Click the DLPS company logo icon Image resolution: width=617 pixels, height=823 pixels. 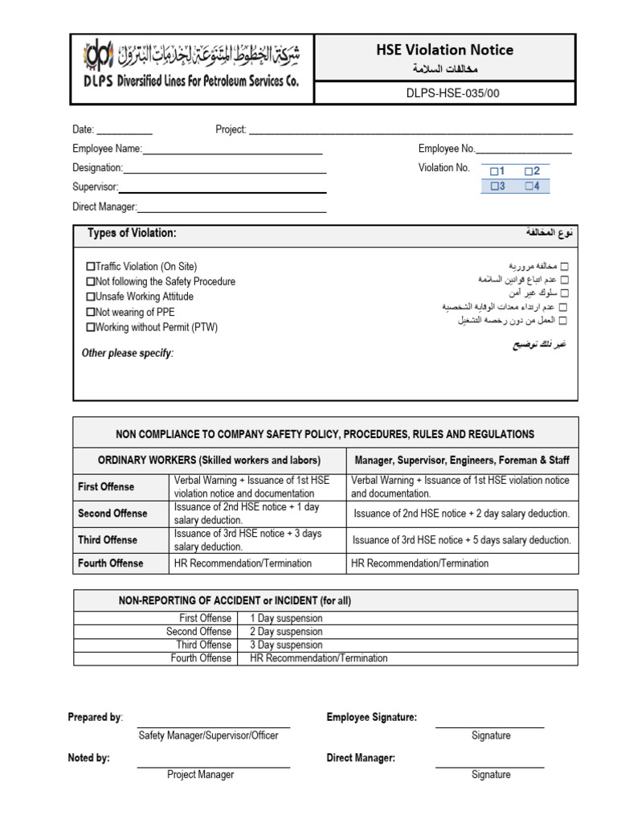(99, 56)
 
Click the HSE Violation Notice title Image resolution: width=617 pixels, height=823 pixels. (444, 50)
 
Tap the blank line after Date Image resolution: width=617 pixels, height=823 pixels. (124, 131)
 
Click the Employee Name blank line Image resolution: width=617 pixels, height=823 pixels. (232, 150)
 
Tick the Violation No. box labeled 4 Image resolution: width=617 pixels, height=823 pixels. (528, 186)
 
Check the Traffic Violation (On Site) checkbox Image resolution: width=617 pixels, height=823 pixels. (90, 267)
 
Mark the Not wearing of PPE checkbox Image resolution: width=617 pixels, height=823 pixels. (90, 313)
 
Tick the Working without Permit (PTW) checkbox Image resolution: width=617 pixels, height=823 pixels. (90, 328)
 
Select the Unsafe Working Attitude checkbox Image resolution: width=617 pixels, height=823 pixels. (90, 297)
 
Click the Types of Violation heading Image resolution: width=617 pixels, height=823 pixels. (132, 233)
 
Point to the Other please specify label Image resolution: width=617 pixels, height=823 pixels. (128, 353)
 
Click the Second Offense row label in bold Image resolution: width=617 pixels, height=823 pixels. (112, 514)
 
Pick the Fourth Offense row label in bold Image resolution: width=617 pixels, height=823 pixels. (111, 563)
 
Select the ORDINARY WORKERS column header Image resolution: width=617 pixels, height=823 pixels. (209, 460)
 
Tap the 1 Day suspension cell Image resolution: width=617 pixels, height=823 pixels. (287, 618)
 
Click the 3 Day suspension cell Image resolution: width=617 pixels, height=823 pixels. (287, 645)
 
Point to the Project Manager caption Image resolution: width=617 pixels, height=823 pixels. (201, 775)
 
